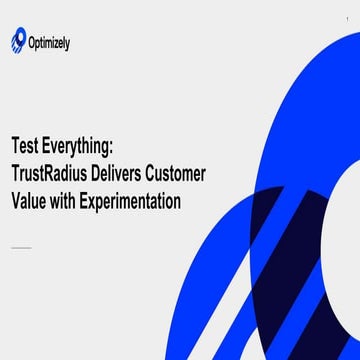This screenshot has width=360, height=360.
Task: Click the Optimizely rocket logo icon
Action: pos(18,40)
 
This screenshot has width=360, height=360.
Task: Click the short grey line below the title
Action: pos(21,247)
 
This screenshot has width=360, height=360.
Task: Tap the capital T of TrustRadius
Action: pos(15,174)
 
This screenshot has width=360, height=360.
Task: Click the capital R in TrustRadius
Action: pos(53,174)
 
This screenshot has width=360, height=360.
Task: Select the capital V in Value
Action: pos(16,201)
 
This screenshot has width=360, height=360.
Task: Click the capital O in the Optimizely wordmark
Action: pos(36,42)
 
